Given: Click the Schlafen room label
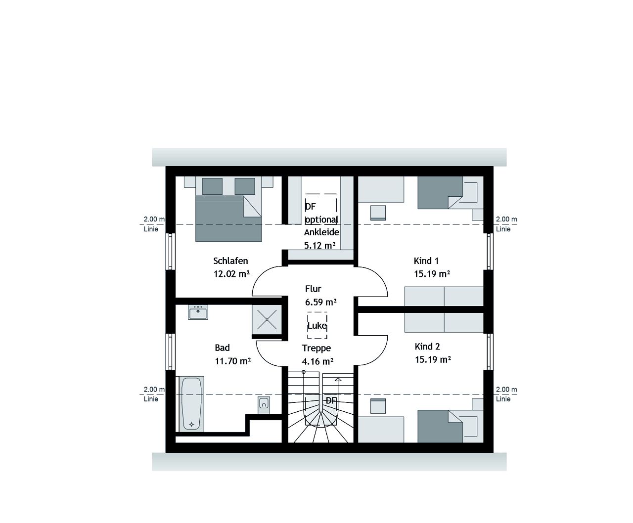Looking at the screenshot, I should [230, 261].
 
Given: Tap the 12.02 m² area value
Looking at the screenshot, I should [231, 274].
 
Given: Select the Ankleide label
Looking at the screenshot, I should [321, 232].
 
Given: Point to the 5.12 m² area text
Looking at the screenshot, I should [320, 245].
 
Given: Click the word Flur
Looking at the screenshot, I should [313, 289].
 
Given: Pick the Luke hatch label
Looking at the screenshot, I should [317, 326].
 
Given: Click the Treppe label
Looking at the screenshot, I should [316, 349].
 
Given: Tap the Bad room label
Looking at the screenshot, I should [223, 348].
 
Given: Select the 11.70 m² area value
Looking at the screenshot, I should [232, 361].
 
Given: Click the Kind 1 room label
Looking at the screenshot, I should [426, 261].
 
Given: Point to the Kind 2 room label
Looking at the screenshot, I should [427, 347].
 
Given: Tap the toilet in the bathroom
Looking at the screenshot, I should [264, 404].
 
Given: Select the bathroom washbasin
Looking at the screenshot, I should [198, 312].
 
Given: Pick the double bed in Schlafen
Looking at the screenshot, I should [228, 215].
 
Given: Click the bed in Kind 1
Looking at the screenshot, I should [445, 193].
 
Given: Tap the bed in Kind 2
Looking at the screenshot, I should [445, 426].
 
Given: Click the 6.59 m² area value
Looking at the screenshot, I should [321, 302].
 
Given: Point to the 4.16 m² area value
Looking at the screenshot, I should [317, 361].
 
